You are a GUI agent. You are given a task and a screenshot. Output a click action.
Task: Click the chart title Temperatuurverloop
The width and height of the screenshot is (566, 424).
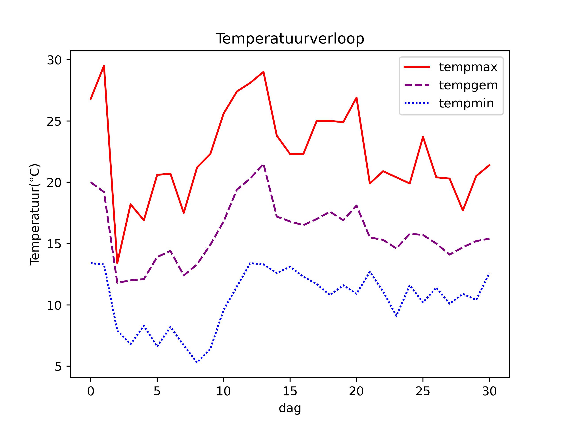(290, 39)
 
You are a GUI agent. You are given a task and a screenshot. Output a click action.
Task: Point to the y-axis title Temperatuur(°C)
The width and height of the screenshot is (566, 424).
(35, 215)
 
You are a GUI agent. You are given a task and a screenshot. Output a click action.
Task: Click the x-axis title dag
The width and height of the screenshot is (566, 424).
(290, 408)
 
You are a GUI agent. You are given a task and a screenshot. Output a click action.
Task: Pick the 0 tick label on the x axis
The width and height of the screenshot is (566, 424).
(91, 391)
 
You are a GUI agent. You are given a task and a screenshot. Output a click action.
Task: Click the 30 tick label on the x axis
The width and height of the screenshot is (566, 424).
(489, 391)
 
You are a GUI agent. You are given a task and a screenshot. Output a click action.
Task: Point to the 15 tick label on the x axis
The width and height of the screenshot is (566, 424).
(290, 391)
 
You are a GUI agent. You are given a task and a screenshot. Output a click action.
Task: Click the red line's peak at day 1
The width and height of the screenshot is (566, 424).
(104, 66)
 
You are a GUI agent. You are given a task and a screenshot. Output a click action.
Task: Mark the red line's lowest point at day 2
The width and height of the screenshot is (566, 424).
(117, 263)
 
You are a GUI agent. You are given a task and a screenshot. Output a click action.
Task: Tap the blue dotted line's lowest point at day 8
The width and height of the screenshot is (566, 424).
(197, 362)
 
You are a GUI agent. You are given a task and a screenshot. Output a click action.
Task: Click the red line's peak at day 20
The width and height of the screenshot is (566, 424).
(356, 98)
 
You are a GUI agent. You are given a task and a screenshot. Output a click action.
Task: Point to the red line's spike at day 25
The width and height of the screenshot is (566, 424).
(423, 137)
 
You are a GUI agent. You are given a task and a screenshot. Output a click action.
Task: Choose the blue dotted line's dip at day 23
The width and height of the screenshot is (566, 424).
(396, 316)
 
